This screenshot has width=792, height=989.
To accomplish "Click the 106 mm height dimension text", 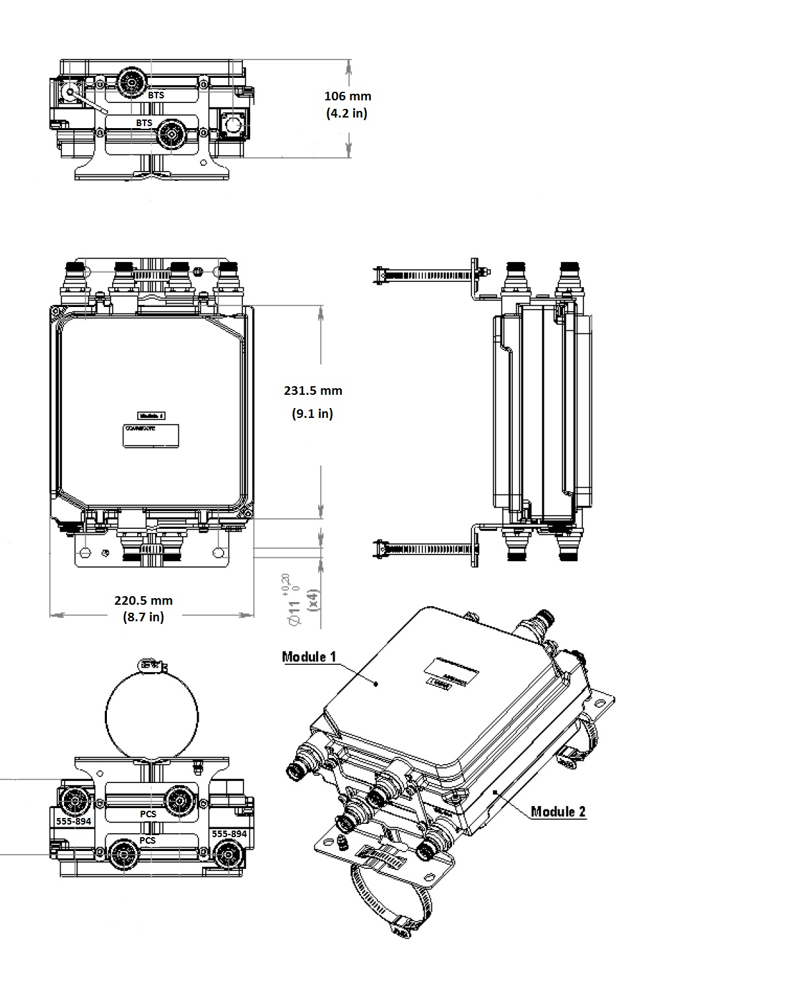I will coord(347,96).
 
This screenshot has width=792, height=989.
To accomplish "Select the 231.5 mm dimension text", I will coord(313,390).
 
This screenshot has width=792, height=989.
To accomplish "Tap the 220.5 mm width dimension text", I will coord(143,600).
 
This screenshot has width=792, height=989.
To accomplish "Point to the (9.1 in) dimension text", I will coord(312,414).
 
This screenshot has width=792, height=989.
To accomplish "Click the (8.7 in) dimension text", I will coord(143,617).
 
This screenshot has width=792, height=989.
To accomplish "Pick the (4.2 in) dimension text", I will coord(346,113).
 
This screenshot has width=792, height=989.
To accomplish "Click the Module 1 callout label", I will coord(309,656).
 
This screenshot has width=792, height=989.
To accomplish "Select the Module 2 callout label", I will coord(558,811).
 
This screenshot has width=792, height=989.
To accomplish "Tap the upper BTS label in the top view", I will coord(156,95).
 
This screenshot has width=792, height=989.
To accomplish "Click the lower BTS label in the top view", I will coord(144,123).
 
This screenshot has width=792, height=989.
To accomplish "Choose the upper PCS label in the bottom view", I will coord(148,814).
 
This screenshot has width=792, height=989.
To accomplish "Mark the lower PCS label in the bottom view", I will coord(148,840).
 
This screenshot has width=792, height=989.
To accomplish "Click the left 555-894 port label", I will coord(73,821).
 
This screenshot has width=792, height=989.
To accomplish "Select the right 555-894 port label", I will coord(229,834).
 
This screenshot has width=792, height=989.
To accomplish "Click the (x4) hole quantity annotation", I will coord(313,599).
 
